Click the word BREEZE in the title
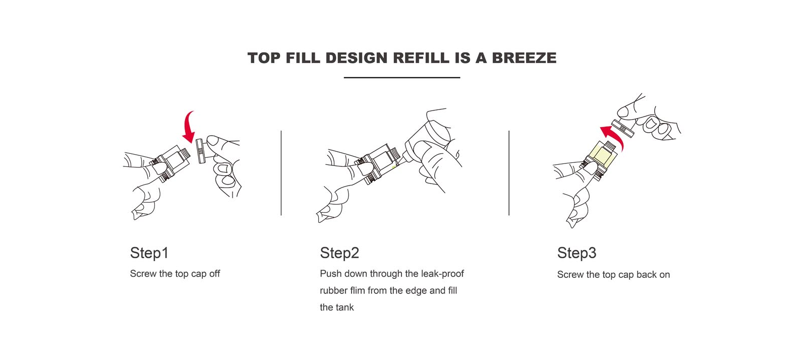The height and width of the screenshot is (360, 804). pos(524,58)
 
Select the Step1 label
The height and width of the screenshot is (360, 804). pos(149,253)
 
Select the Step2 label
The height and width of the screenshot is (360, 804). pos(339,253)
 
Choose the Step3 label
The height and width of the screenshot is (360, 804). pos(577,253)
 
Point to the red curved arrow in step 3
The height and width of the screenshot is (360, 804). pos(613,136)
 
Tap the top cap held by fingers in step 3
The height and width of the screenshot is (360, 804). pos(623,129)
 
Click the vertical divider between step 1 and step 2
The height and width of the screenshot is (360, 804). pos(281,173)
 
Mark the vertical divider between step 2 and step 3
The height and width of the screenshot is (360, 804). pos(509,173)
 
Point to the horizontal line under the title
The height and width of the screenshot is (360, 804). pos(402,77)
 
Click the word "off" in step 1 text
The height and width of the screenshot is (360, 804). pos(215,273)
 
